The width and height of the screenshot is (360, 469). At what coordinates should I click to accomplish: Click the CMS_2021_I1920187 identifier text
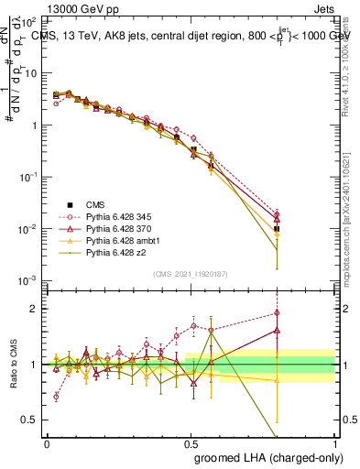tap(191, 274)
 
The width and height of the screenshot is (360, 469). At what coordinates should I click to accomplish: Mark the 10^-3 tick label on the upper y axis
tap(28, 280)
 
